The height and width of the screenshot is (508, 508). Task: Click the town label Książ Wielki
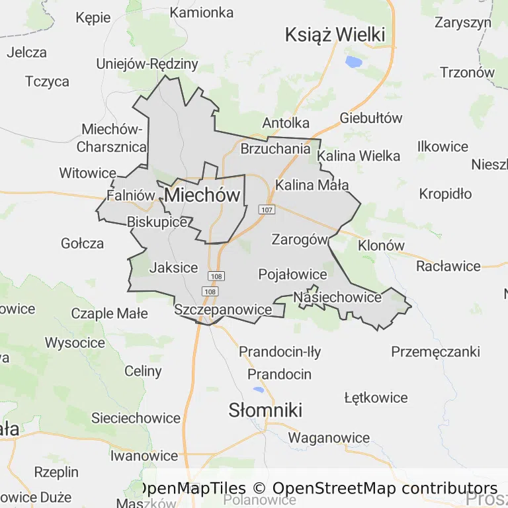tap(335, 35)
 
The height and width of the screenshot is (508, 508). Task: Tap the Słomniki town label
tap(265, 410)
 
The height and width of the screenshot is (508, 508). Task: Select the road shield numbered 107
tap(267, 210)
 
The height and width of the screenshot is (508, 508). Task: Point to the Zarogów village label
tap(299, 239)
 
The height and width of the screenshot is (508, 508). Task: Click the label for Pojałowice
tap(293, 274)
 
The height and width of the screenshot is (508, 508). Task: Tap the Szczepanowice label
tap(223, 310)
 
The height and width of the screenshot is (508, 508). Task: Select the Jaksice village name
tap(173, 267)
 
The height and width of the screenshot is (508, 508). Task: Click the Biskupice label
tap(157, 222)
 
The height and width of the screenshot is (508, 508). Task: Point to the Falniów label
tap(130, 195)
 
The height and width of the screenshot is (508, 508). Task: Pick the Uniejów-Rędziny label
tap(147, 64)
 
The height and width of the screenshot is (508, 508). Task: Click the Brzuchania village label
tap(275, 149)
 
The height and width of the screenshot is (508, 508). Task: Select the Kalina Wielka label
tap(359, 156)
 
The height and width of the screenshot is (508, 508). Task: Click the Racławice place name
tap(448, 266)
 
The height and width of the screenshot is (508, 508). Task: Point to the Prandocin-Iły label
tap(280, 352)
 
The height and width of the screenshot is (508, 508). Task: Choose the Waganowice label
tap(329, 437)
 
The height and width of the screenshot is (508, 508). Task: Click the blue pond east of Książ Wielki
tap(353, 63)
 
